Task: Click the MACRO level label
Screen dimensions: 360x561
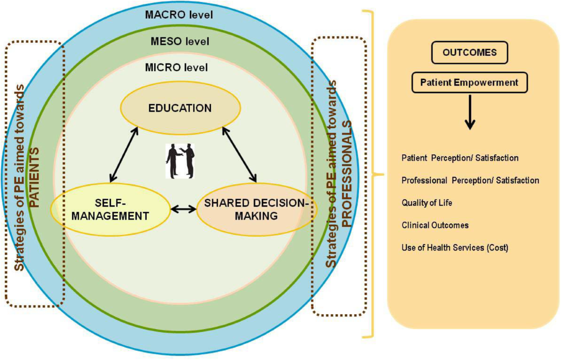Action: [179, 14]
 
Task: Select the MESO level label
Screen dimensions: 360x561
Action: [180, 42]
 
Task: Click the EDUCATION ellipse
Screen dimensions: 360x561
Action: [180, 108]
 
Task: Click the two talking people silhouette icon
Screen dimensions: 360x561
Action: [180, 160]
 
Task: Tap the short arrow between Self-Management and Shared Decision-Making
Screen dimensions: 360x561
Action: [183, 209]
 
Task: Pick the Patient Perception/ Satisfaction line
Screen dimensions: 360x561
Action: [460, 158]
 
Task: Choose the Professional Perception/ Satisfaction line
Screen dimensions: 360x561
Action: [470, 180]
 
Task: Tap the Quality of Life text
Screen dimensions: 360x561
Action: [427, 203]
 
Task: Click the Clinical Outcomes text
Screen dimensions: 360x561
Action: [435, 225]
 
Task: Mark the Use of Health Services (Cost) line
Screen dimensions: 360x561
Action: [454, 248]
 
